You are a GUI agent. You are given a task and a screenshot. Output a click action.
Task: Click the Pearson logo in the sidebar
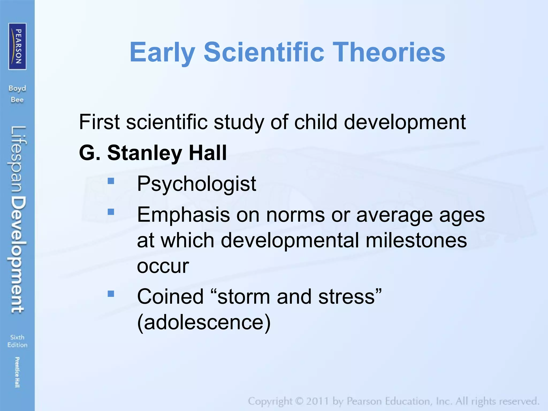click(x=17, y=46)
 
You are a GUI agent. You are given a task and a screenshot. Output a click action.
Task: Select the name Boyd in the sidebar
click(x=17, y=89)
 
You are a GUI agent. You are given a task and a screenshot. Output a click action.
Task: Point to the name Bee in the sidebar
click(x=17, y=100)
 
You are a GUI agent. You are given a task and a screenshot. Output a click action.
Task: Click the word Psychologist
click(x=196, y=184)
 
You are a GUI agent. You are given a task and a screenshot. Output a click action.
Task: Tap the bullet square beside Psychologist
click(x=111, y=181)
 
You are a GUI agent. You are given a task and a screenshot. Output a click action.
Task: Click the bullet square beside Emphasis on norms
click(x=111, y=212)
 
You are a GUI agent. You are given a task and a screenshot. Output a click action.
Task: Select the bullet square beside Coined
click(x=111, y=294)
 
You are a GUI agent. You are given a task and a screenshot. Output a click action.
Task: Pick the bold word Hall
click(x=208, y=153)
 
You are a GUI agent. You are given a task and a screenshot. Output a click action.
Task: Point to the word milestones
click(x=416, y=240)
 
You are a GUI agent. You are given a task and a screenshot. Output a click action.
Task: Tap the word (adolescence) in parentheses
click(x=204, y=322)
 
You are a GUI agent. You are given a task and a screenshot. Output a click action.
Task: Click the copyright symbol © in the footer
click(x=299, y=401)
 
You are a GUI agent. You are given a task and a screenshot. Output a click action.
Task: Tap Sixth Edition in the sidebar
click(x=17, y=341)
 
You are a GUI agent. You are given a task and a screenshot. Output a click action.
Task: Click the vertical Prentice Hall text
click(x=17, y=372)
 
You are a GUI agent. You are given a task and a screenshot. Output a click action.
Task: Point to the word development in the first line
click(x=405, y=122)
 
